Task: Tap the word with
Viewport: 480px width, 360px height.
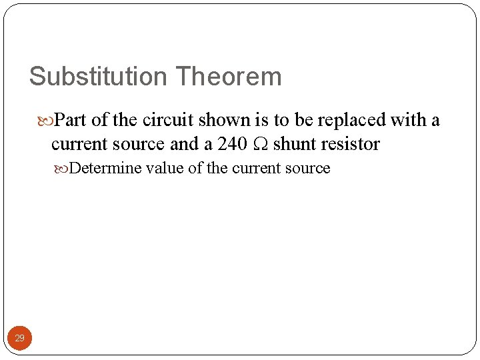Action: click(409, 120)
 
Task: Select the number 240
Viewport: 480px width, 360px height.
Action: click(232, 144)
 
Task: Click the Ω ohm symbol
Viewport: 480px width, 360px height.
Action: click(260, 145)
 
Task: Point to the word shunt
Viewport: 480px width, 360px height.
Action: click(294, 144)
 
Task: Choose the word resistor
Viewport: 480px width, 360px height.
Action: click(350, 144)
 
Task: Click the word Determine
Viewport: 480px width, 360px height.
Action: click(105, 168)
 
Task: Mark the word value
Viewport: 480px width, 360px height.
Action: click(165, 168)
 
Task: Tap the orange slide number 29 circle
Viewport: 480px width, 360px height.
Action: click(20, 339)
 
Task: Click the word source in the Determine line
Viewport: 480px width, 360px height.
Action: click(308, 168)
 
